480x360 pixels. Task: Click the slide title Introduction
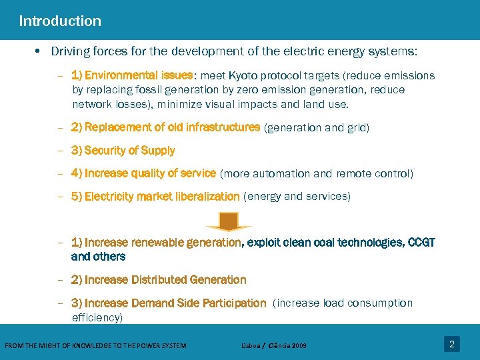pos(60,21)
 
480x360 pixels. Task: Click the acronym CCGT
pos(421,243)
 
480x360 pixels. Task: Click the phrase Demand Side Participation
pos(199,303)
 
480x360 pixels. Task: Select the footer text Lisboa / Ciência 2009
pos(273,345)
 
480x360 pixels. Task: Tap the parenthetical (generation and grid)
pos(317,127)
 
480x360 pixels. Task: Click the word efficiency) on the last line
pos(97,318)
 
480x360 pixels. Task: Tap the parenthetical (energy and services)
pos(297,197)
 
